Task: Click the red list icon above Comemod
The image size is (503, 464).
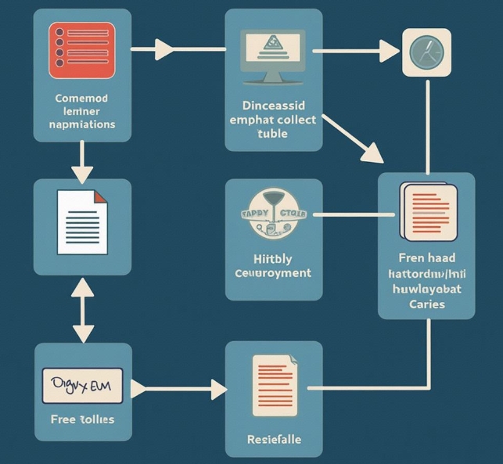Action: (82, 50)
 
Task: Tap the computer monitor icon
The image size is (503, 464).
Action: (273, 56)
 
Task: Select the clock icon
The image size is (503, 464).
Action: (426, 52)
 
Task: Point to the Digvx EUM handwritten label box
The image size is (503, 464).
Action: (82, 386)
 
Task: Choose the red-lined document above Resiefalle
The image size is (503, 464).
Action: (273, 386)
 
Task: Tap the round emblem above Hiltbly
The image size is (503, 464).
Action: (273, 215)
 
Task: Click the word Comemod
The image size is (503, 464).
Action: (82, 99)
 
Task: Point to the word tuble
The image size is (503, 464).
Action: (272, 133)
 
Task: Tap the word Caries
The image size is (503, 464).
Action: (426, 303)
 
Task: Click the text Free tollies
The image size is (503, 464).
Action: (82, 419)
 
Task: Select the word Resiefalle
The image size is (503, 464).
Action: (273, 439)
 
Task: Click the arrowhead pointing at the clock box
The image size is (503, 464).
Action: (390, 52)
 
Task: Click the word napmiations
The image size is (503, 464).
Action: (82, 124)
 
